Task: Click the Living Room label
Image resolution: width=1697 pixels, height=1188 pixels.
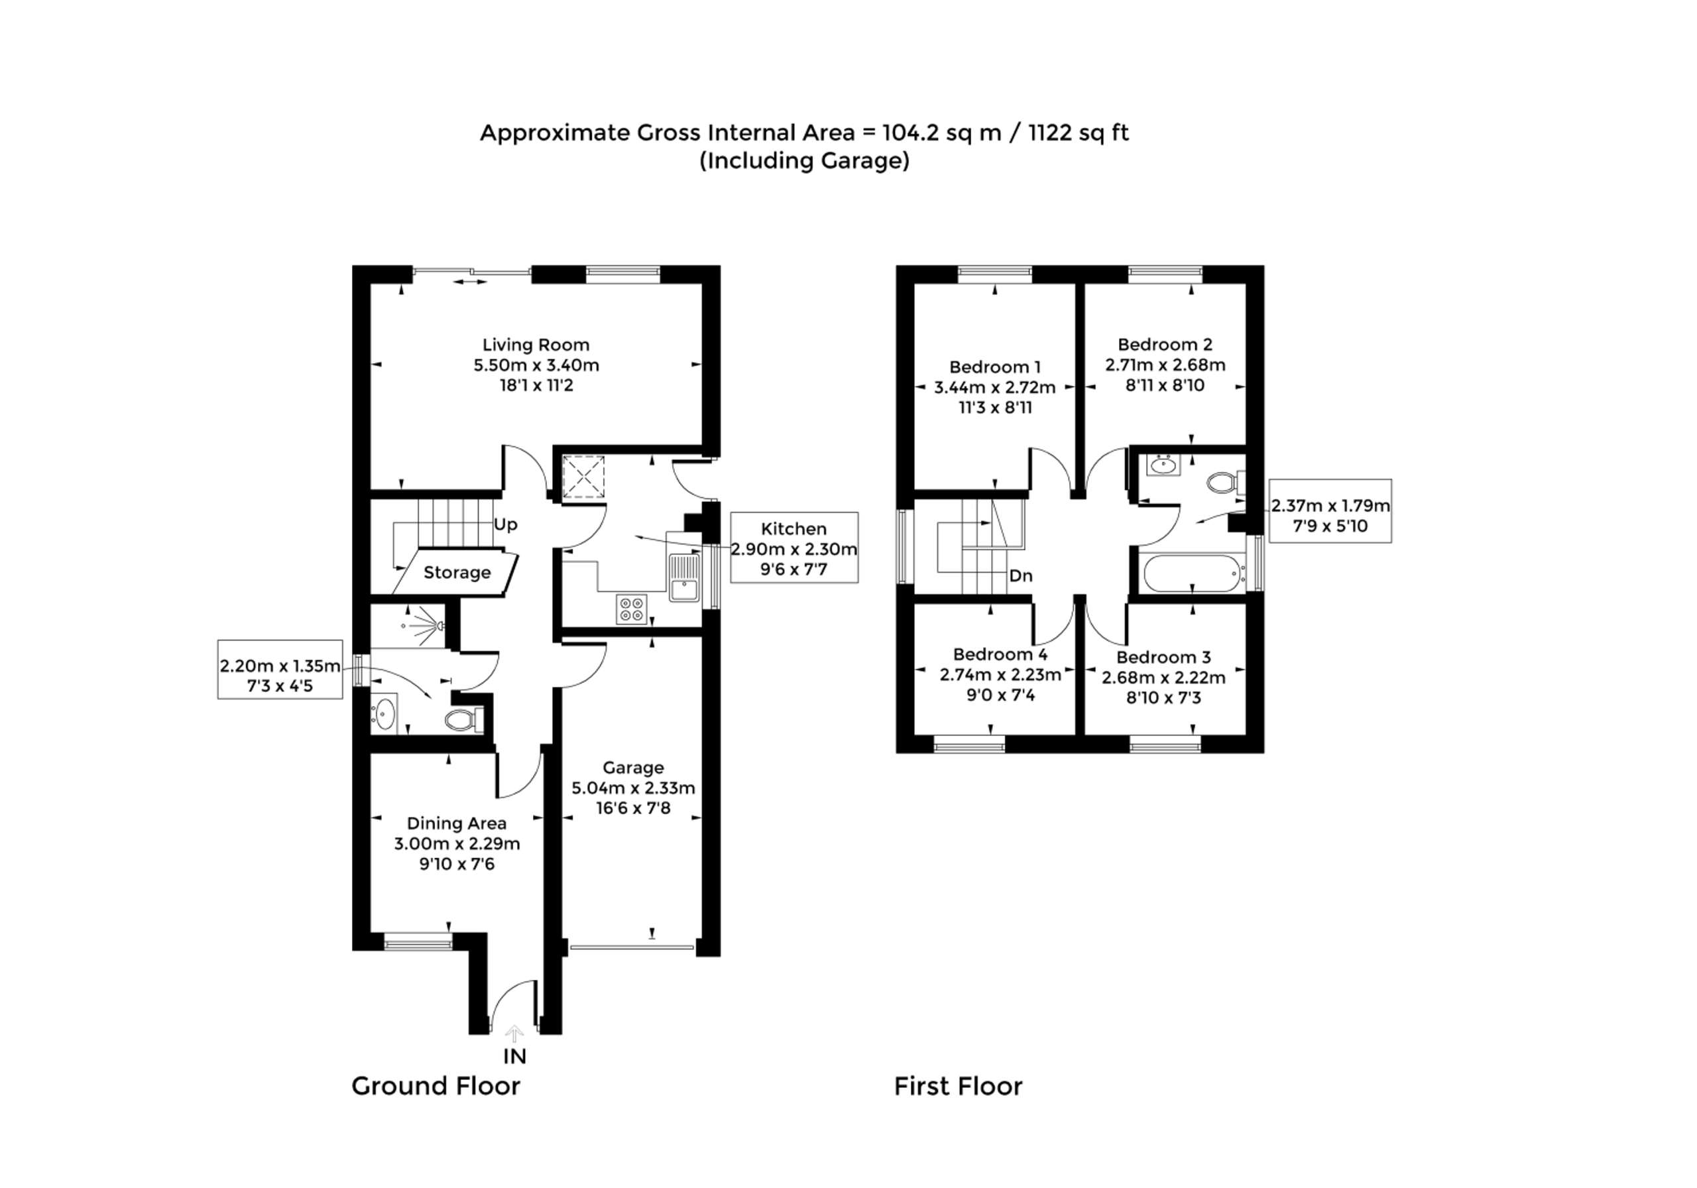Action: click(536, 345)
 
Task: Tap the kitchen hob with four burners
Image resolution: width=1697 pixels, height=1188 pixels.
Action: click(632, 609)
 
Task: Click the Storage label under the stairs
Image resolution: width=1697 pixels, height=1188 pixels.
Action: click(457, 573)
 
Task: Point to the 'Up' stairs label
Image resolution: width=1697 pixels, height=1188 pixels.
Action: click(506, 525)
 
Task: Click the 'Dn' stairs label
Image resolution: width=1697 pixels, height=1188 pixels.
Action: click(1021, 576)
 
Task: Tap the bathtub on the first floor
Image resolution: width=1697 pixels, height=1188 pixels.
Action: click(1191, 573)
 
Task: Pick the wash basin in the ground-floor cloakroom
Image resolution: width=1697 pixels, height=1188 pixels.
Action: click(384, 713)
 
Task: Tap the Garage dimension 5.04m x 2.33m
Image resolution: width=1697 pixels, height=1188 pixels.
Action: click(632, 788)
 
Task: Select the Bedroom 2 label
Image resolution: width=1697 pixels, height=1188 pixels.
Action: click(1165, 345)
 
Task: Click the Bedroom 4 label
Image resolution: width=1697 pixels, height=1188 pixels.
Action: click(1000, 654)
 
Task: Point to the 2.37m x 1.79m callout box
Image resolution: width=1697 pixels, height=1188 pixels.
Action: click(1330, 516)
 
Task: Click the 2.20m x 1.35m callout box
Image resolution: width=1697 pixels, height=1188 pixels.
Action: click(280, 676)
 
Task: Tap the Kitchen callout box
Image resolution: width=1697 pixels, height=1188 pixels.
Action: click(793, 548)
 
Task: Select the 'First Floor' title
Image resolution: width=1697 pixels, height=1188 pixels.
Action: click(958, 1086)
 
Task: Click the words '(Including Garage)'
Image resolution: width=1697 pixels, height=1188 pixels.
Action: click(804, 160)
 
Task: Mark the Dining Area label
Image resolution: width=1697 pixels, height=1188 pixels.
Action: click(457, 823)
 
